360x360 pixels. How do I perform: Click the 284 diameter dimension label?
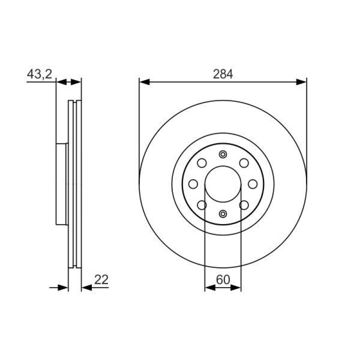click(223, 74)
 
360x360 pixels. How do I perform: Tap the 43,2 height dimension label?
click(40, 74)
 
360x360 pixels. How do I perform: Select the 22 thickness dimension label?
click(101, 279)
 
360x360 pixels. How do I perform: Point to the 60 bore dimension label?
click(223, 279)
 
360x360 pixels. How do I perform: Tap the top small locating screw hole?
click(223, 154)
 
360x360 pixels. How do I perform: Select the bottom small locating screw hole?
click(223, 214)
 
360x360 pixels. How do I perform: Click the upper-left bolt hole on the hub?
click(202, 163)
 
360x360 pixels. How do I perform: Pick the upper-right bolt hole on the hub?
click(244, 163)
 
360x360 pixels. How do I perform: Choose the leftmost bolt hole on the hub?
click(193, 184)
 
